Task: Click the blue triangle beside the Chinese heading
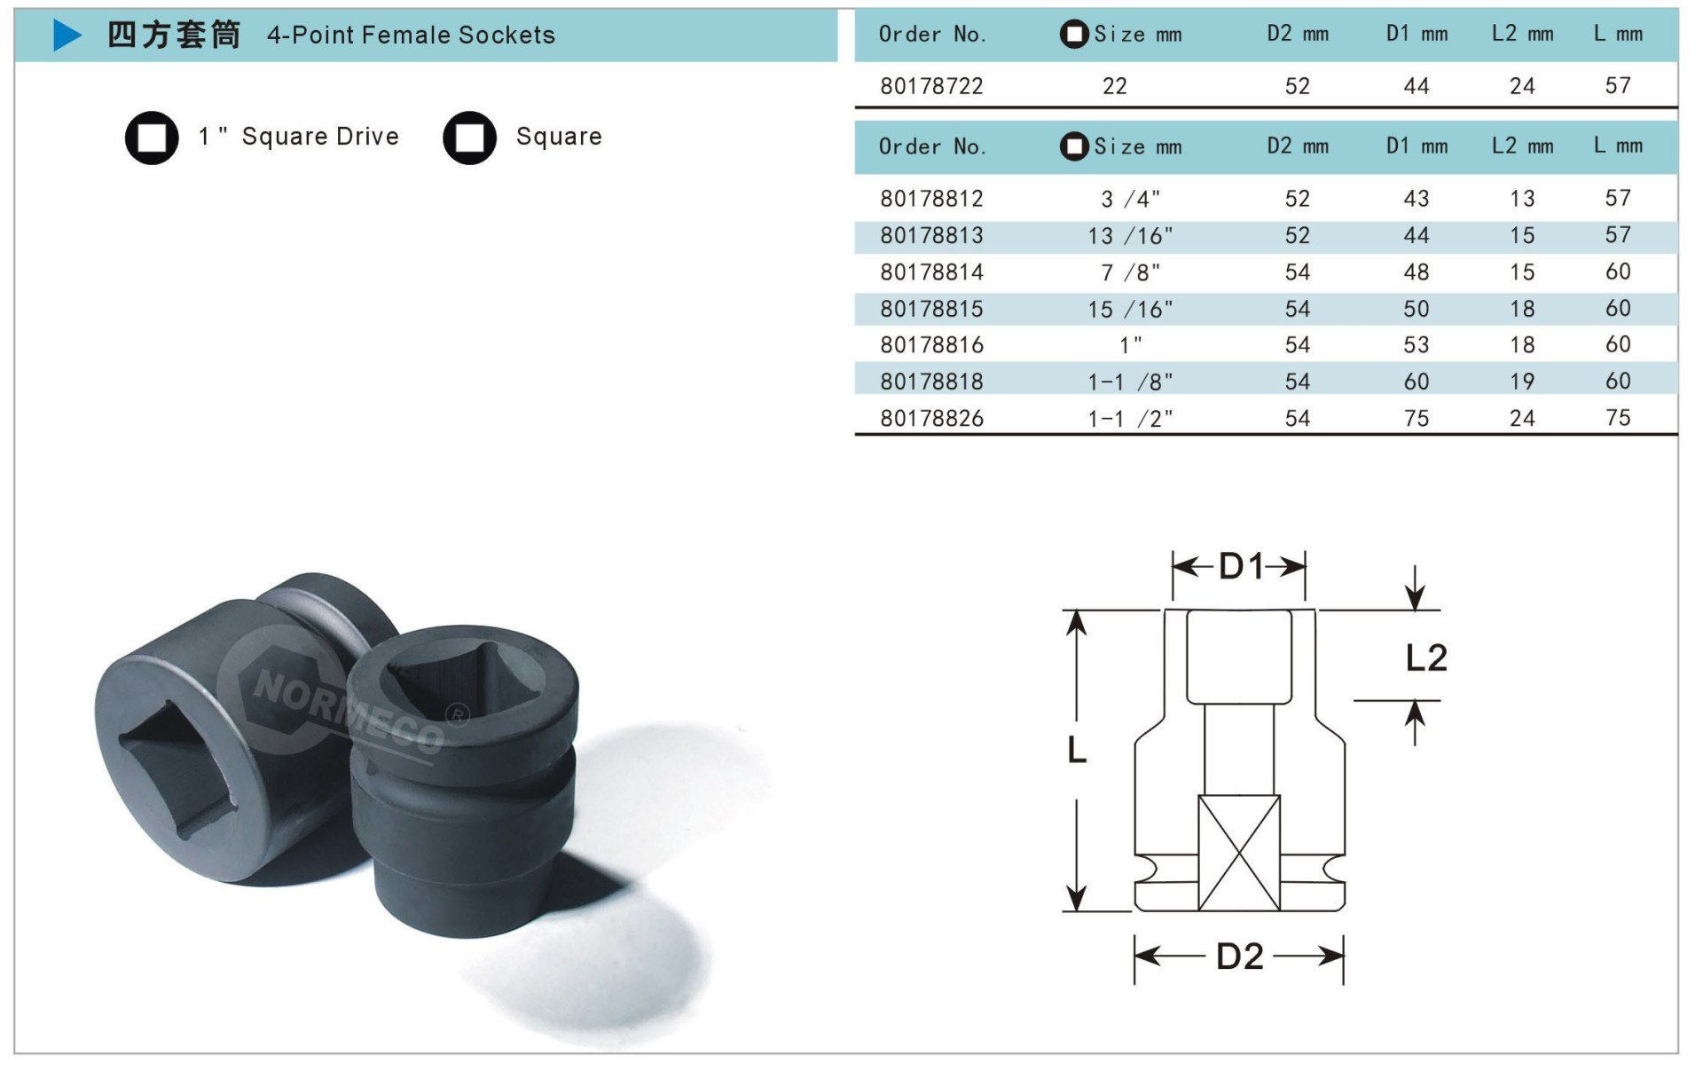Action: [67, 35]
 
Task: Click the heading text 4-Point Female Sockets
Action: [411, 35]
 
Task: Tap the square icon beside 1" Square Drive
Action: [152, 138]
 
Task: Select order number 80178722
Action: [931, 86]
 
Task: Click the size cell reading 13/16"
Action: [1130, 236]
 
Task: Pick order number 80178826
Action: [931, 418]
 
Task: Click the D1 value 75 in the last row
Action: [1417, 418]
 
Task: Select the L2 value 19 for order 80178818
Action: [1522, 382]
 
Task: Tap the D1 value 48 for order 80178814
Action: [1417, 272]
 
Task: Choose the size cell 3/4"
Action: [1130, 199]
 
